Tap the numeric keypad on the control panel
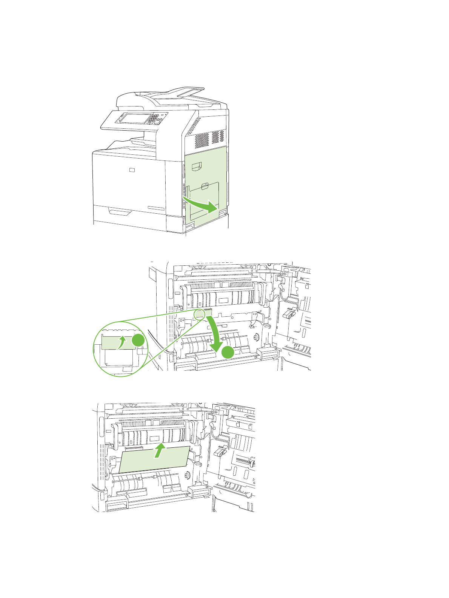(x=153, y=119)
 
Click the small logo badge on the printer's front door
(x=131, y=170)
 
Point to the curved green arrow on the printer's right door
(x=200, y=203)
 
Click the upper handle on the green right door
(x=197, y=165)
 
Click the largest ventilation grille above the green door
(x=201, y=140)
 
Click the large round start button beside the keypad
(x=160, y=121)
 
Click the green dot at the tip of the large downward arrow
(x=228, y=352)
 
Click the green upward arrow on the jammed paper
(x=160, y=450)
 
